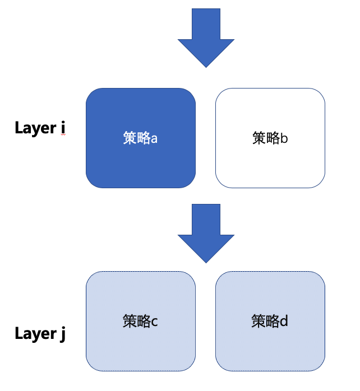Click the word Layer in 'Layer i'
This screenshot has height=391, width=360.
coord(35,128)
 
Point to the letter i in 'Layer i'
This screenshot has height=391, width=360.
coord(63,128)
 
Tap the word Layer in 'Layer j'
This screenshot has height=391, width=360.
coord(35,334)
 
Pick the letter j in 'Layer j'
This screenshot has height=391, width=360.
coord(62,335)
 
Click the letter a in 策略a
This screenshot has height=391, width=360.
coord(154,138)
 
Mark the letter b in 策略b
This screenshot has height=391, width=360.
coord(284,138)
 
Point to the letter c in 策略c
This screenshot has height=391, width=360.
coord(154,322)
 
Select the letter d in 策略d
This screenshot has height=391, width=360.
coord(284,322)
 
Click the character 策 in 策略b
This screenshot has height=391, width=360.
coord(259,138)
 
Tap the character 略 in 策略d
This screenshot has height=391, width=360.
coord(273,321)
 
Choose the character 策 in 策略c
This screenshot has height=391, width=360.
coord(130,321)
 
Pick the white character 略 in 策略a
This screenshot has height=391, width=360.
coord(143,138)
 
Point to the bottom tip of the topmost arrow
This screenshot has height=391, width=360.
coord(206,67)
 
